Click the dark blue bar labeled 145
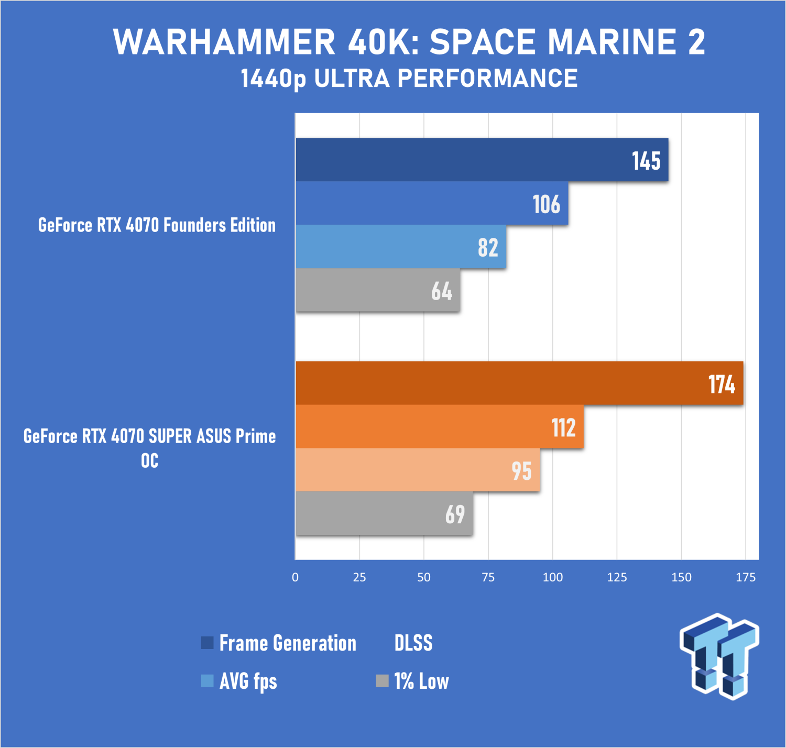pos(482,160)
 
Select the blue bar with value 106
pos(432,203)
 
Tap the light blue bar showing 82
pos(401,246)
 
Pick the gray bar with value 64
pos(378,290)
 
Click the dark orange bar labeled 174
pos(519,383)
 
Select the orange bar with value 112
pos(440,426)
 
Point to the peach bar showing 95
pos(418,470)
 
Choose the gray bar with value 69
pos(384,513)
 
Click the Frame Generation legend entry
pos(279,643)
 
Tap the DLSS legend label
pos(413,643)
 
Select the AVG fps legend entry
pos(239,681)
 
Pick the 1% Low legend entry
pos(412,681)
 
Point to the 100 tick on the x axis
pos(552,577)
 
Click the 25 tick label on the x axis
pos(359,577)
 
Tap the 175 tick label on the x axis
pos(746,577)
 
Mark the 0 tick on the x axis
pos(295,577)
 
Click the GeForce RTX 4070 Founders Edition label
pos(157,225)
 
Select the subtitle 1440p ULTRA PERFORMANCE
pos(409,78)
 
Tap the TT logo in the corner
pos(719,656)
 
